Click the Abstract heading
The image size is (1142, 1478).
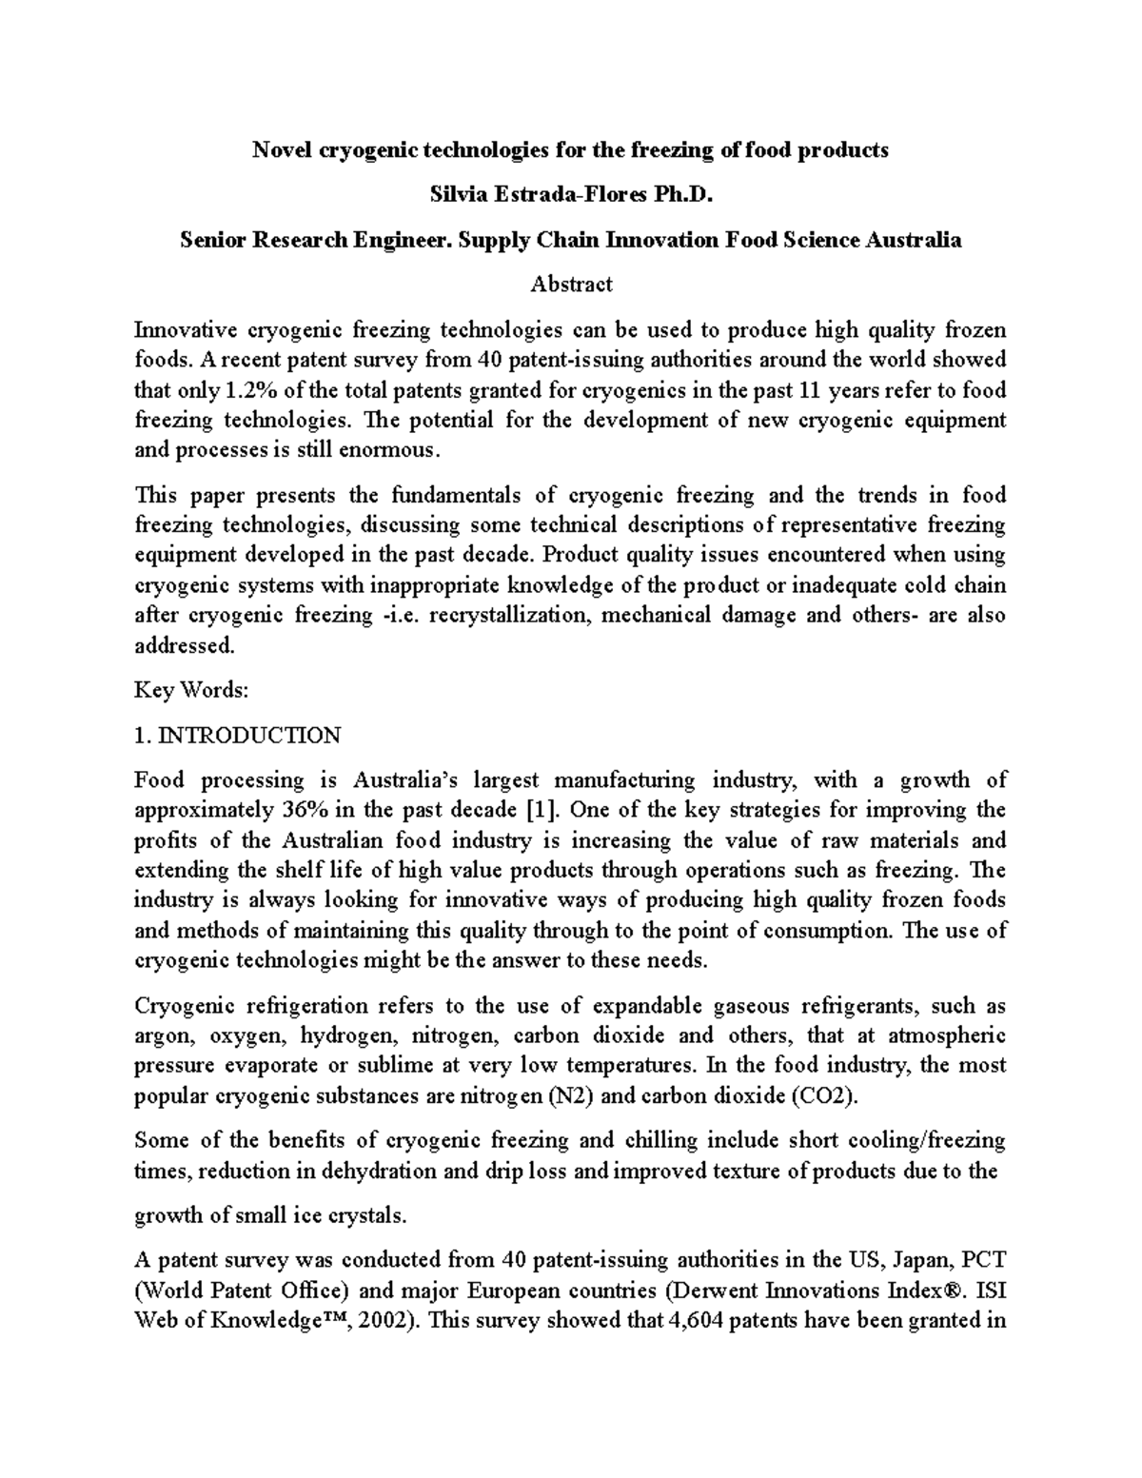coord(571,284)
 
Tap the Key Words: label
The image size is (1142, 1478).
coord(191,691)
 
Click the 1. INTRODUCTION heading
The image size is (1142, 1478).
coord(237,736)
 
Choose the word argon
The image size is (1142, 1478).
coord(163,1035)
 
